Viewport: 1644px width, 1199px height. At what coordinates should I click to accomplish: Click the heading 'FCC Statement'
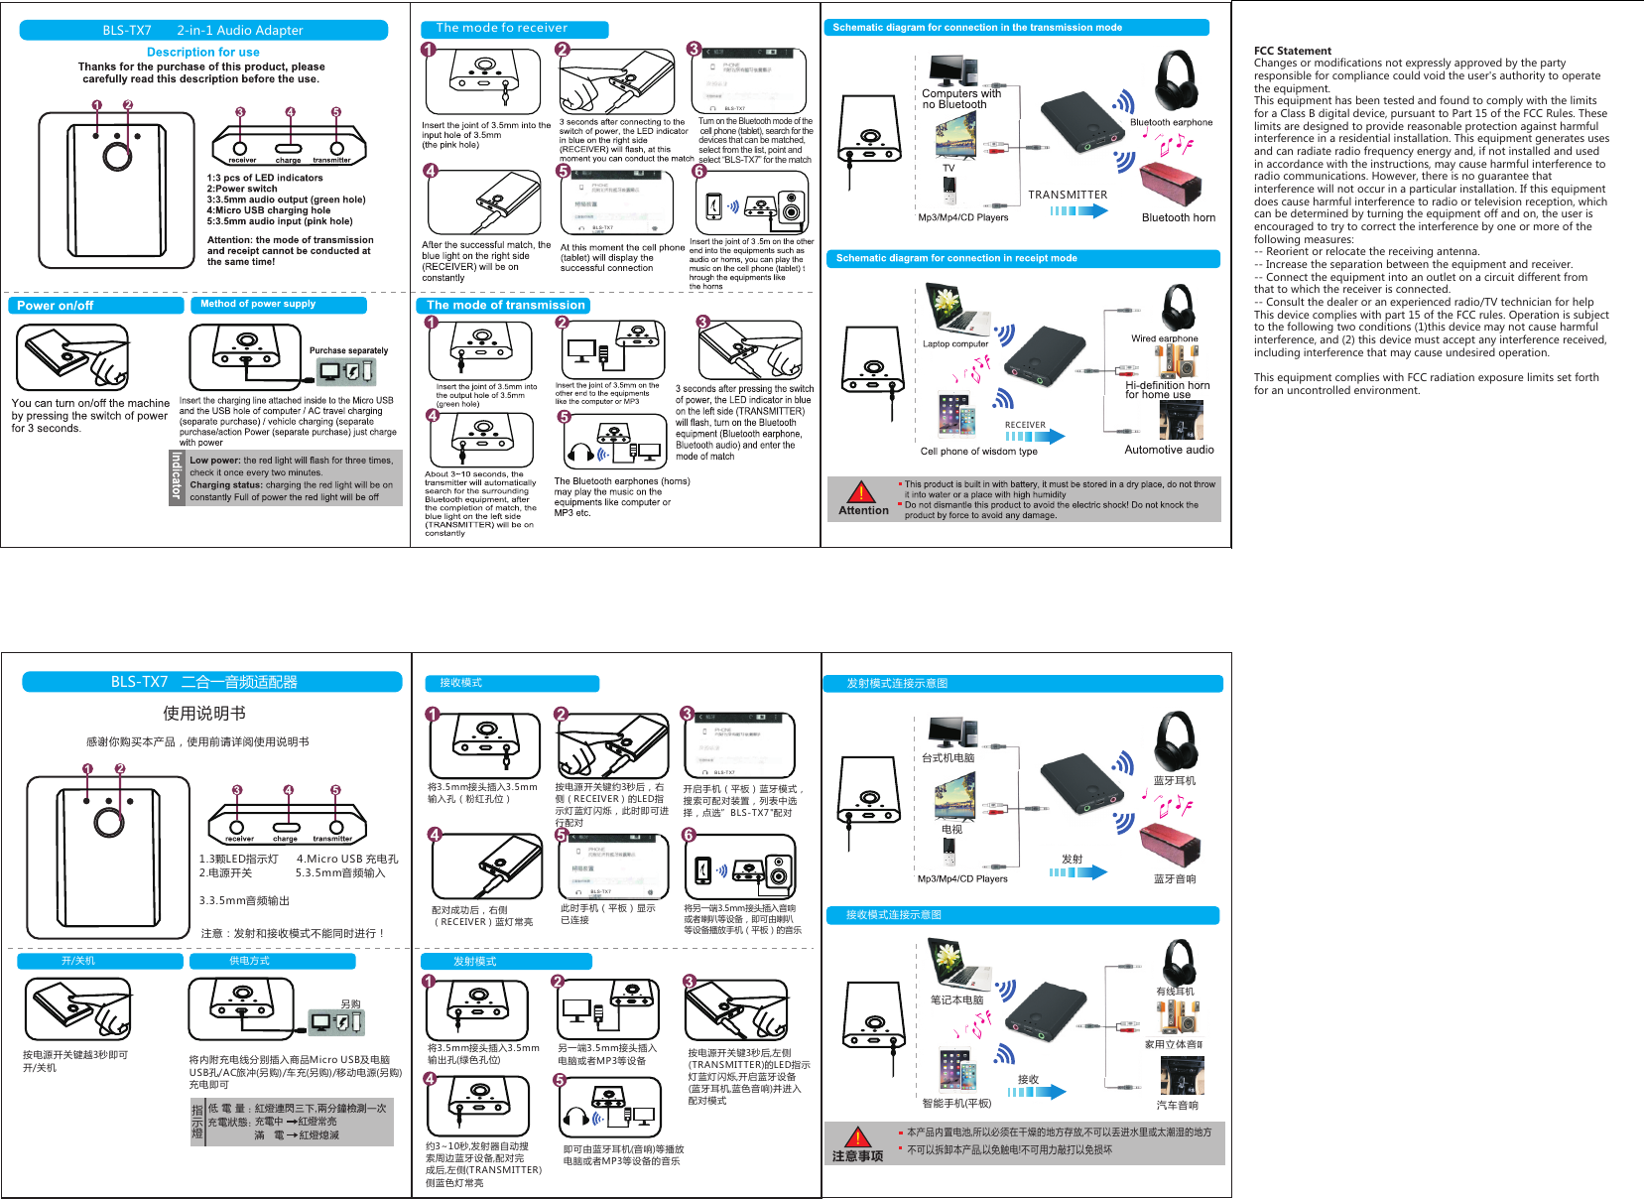tap(1292, 51)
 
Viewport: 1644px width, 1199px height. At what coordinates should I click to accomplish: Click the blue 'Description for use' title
tap(203, 52)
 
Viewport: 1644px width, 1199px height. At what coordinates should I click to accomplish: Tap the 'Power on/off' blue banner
tap(95, 306)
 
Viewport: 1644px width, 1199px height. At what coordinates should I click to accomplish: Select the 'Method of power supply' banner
tap(278, 305)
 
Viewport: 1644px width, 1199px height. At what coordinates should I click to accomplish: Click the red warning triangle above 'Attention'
tap(861, 492)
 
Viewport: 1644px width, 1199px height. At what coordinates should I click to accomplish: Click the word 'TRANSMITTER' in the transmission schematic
tap(1067, 195)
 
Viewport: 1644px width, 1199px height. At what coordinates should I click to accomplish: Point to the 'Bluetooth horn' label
tap(1178, 217)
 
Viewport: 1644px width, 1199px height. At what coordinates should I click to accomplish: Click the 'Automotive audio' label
tap(1169, 450)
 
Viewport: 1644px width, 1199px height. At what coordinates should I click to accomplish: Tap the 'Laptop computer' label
tap(955, 344)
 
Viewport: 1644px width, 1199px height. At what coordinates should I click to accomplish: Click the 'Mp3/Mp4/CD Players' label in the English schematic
tap(962, 217)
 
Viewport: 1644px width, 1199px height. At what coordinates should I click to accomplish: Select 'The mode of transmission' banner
tap(505, 306)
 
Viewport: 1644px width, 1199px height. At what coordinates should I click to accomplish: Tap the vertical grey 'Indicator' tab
tap(177, 477)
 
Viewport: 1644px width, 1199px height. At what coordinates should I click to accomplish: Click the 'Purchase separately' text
tap(348, 350)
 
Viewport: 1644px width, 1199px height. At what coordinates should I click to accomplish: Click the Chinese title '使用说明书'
tap(203, 714)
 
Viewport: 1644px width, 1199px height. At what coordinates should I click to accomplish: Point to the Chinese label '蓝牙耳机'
tap(1174, 781)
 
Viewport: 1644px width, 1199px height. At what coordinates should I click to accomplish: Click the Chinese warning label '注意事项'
tap(857, 1156)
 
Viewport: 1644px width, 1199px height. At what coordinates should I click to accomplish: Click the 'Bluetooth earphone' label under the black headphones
tap(1171, 122)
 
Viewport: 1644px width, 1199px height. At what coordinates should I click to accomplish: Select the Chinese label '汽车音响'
tap(1177, 1105)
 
